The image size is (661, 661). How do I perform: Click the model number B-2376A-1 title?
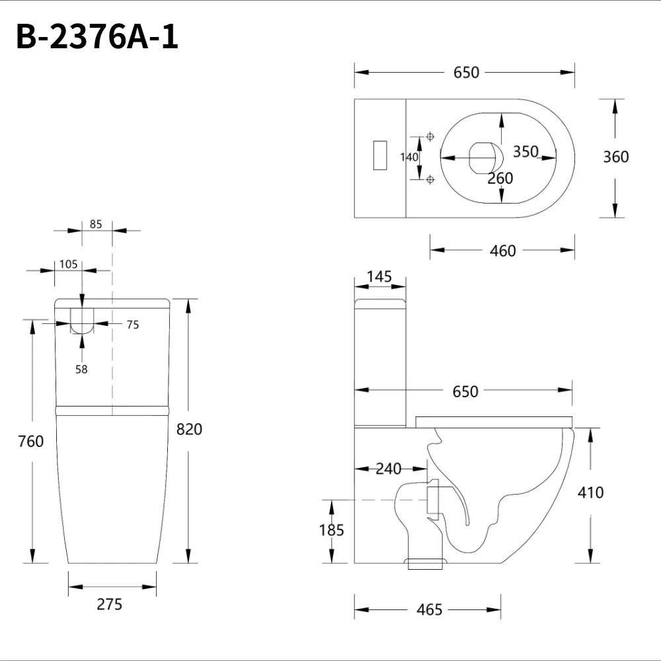97,38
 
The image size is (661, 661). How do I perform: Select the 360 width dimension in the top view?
615,157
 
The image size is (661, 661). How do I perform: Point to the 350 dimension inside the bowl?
525,151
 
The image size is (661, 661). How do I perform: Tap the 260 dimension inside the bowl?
500,178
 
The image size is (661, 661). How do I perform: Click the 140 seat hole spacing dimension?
409,157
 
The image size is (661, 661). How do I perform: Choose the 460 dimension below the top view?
502,251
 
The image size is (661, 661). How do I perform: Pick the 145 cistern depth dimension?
379,276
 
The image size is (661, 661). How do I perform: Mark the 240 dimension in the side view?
389,469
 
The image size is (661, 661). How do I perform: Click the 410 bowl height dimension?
590,492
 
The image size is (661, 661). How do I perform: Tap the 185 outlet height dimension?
331,529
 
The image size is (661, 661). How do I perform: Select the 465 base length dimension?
430,609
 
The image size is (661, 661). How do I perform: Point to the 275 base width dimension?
110,603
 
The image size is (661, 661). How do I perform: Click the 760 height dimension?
31,441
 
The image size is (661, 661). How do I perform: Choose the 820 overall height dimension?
189,429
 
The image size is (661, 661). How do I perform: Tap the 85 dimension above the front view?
96,224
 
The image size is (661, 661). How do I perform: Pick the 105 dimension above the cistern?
68,264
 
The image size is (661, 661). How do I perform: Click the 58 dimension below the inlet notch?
81,369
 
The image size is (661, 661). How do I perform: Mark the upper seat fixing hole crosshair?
430,136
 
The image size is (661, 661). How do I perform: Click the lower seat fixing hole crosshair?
430,179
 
